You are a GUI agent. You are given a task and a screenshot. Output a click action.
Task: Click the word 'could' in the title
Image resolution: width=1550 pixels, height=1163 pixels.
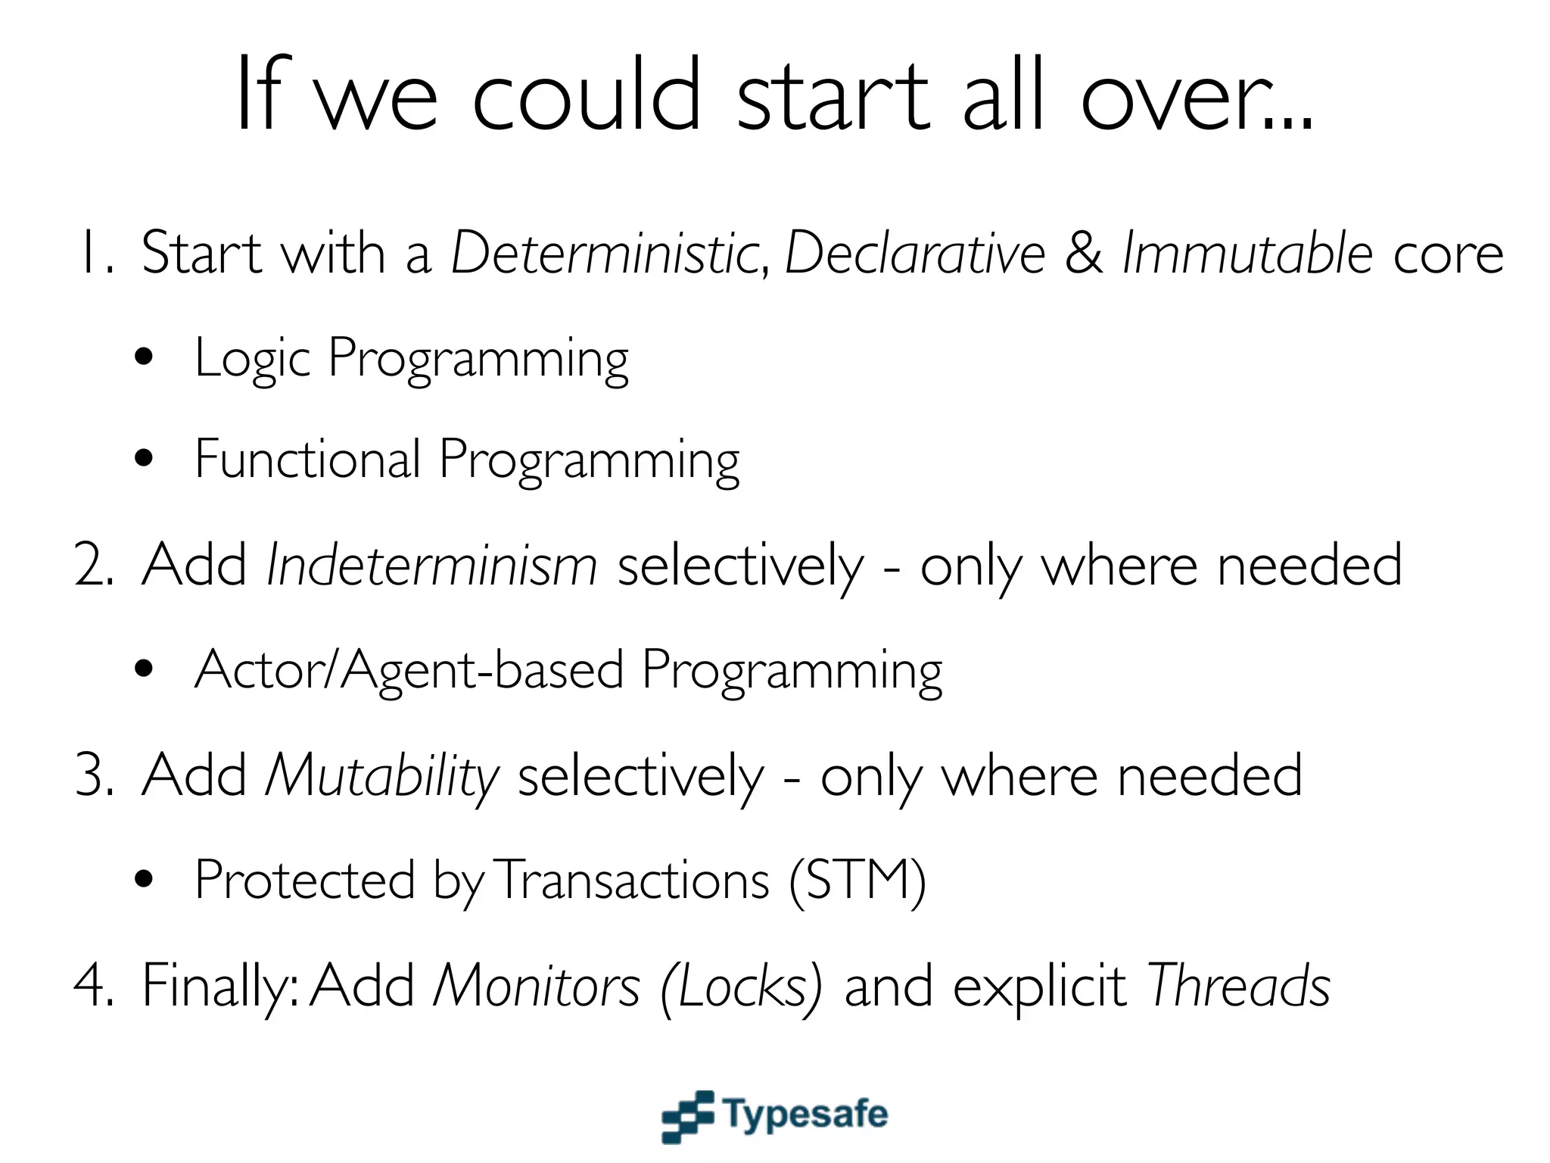(x=587, y=95)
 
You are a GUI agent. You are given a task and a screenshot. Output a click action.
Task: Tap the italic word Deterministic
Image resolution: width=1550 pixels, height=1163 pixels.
(x=605, y=253)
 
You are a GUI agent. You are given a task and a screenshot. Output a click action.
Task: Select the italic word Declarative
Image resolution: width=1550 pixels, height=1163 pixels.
(x=914, y=253)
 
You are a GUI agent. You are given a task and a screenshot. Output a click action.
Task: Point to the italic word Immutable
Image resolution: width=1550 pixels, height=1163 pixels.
(x=1247, y=253)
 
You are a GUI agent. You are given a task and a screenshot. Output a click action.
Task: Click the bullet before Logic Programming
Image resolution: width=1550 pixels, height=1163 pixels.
(x=144, y=357)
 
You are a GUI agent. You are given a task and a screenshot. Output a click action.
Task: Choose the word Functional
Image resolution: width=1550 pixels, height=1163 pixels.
(x=307, y=459)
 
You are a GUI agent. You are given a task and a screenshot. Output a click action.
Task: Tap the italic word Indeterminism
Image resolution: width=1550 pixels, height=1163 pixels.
(x=431, y=565)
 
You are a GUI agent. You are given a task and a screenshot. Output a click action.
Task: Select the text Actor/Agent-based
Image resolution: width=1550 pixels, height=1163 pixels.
(x=409, y=670)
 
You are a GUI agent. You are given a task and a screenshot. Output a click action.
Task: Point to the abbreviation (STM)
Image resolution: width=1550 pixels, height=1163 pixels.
(x=857, y=881)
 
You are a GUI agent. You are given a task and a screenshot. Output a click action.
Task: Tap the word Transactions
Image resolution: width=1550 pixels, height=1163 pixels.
(x=634, y=881)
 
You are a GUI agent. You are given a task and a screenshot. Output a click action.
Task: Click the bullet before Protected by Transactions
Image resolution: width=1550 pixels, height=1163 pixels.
(x=144, y=880)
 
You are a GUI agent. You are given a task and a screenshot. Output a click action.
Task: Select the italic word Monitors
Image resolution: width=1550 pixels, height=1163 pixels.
(x=536, y=986)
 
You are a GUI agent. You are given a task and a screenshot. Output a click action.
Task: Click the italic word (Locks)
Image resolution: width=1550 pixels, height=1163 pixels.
(x=740, y=986)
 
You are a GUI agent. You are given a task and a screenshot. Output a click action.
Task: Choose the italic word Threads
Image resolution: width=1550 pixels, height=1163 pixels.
(x=1238, y=986)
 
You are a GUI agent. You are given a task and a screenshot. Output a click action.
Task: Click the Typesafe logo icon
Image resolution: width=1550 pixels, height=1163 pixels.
(x=687, y=1116)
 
